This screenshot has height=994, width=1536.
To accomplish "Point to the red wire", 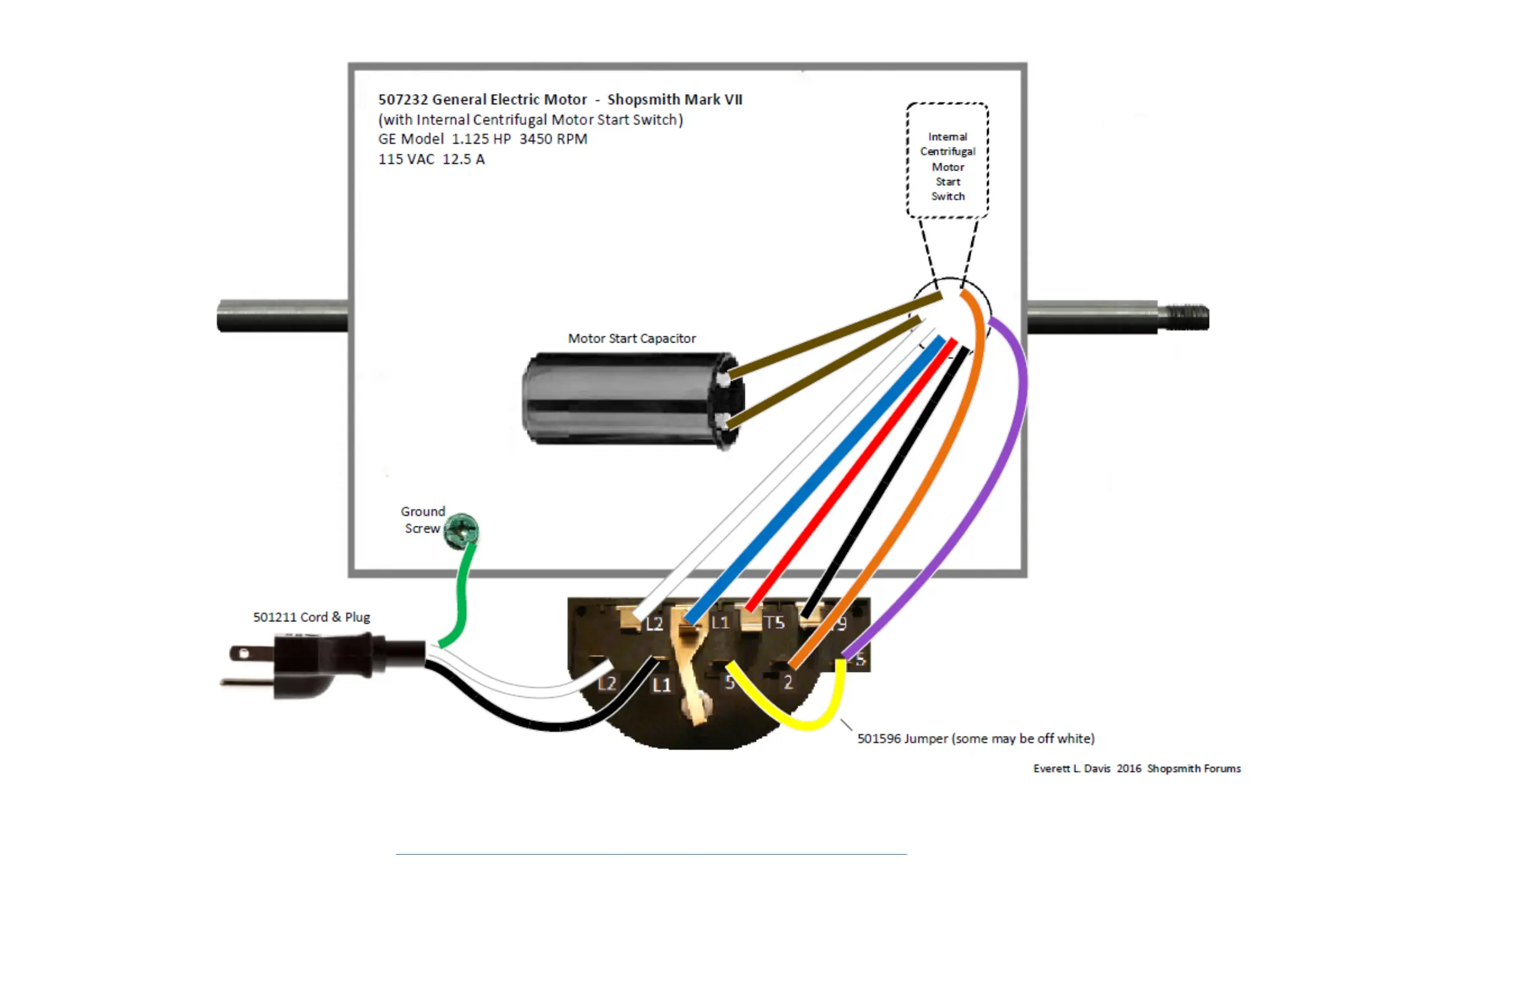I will [852, 478].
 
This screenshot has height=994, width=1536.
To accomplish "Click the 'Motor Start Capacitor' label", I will [632, 338].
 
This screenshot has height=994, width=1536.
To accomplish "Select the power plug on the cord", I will [303, 665].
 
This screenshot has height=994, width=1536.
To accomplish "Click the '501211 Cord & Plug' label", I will [311, 617].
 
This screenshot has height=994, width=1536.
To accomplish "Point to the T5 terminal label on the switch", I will [774, 623].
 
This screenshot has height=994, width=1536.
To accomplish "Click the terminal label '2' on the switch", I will [788, 682].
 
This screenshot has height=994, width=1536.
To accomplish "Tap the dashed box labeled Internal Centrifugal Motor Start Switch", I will [947, 160].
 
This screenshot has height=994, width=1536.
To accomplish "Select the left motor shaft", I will [284, 316].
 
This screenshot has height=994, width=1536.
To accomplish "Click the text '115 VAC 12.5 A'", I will [431, 159].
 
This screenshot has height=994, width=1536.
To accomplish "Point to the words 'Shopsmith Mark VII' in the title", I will [675, 99].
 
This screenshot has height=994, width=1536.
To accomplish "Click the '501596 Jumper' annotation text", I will [976, 739].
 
